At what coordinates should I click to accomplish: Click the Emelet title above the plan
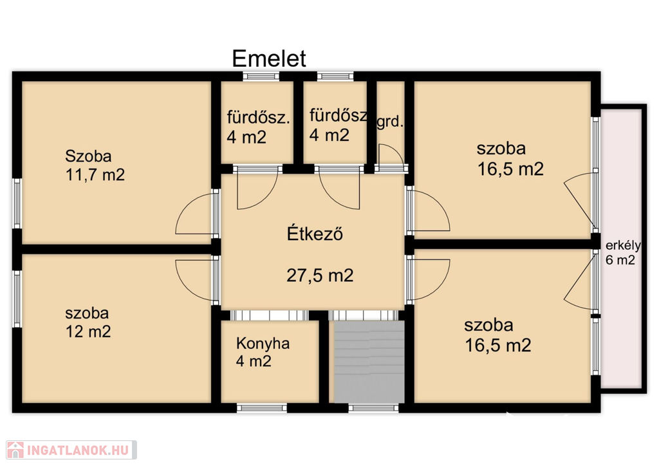coord(269,59)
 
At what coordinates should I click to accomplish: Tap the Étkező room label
coord(315,233)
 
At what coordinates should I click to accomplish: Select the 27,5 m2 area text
coord(320,275)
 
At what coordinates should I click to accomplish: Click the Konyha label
coord(263,343)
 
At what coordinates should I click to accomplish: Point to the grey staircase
coord(369,361)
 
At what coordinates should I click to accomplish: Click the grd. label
coord(390,122)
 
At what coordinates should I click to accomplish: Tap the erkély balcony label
coord(623,245)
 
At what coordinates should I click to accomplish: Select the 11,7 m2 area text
coord(95,174)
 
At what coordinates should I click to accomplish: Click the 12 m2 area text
coord(88,331)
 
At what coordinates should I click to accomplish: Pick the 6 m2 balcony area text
coord(620,260)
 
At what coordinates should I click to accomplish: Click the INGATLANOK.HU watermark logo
coord(71,450)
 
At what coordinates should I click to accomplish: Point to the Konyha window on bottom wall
coord(262,407)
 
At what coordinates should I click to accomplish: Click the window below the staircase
coord(374,407)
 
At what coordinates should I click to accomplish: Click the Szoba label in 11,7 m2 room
coord(88,156)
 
